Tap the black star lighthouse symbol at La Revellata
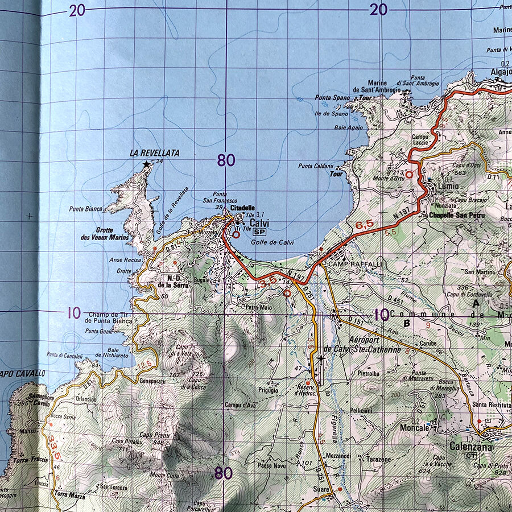pos(147,164)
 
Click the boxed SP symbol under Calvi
pos(260,232)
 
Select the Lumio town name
pos(448,186)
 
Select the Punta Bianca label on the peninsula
pos(86,209)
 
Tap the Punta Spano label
pos(333,98)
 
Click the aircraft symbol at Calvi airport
pos(321,359)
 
